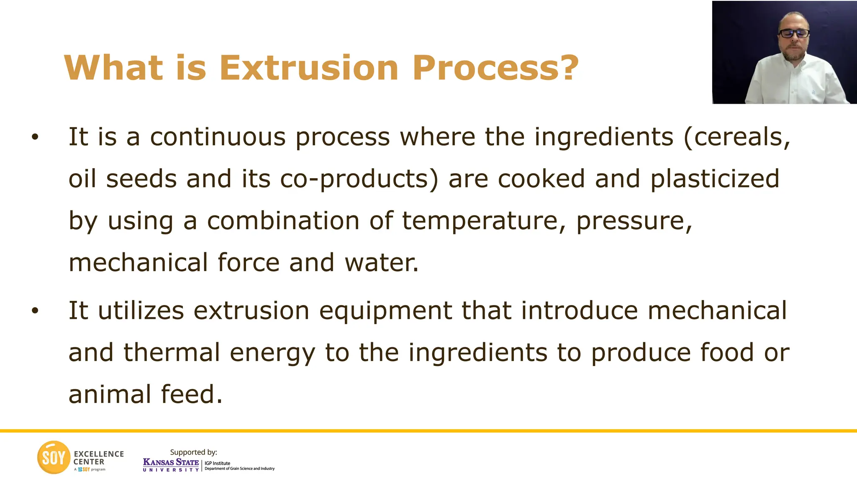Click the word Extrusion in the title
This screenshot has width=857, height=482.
tap(308, 68)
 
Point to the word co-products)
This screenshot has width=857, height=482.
tap(359, 179)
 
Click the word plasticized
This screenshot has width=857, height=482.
tap(715, 179)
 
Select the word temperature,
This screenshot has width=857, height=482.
tap(484, 220)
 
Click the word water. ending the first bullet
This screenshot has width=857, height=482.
tap(381, 263)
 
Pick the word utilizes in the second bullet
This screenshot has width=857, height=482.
tap(141, 310)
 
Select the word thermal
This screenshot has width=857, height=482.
tap(172, 352)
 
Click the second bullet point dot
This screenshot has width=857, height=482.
tap(35, 310)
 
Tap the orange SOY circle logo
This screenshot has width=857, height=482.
tap(54, 457)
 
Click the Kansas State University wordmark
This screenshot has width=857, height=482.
tap(171, 464)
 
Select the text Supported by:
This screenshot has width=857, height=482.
tap(193, 452)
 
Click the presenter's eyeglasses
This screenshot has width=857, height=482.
tap(793, 33)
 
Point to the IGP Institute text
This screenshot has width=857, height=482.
tap(217, 463)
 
